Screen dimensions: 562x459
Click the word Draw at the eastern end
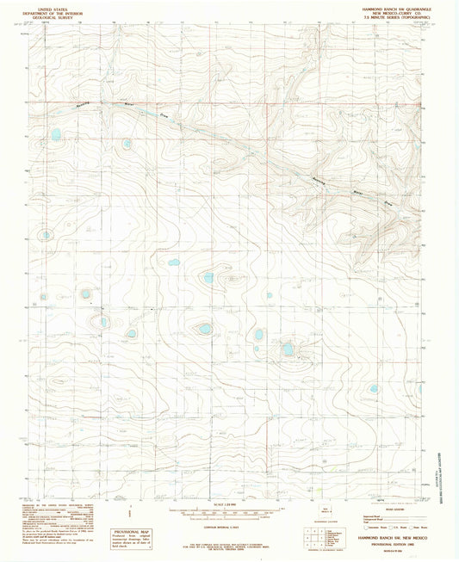pos(388,204)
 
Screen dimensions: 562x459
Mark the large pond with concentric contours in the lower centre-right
pos(287,349)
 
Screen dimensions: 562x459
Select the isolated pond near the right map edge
pos(374,389)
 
